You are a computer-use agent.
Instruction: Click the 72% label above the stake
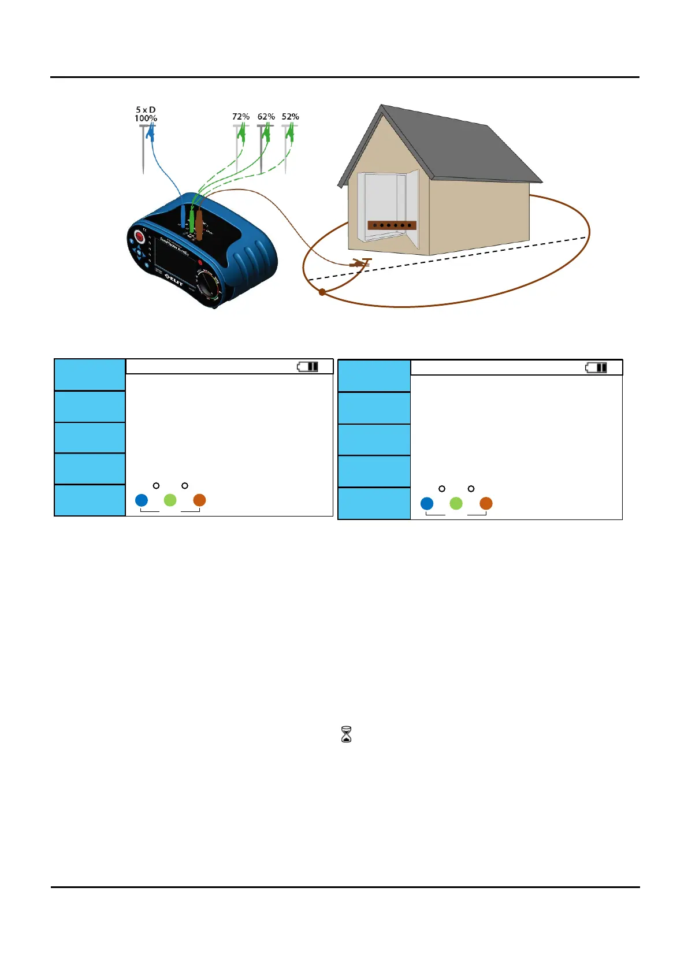pyautogui.click(x=241, y=117)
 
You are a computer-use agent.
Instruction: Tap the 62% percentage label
pyautogui.click(x=266, y=117)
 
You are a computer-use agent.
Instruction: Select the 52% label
pyautogui.click(x=290, y=117)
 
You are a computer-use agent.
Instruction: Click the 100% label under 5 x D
pyautogui.click(x=146, y=118)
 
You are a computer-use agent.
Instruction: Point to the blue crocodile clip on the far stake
pyautogui.click(x=151, y=135)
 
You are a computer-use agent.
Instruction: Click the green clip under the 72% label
pyautogui.click(x=242, y=135)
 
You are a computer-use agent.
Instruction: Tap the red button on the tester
pyautogui.click(x=139, y=237)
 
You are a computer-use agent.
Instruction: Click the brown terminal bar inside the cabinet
pyautogui.click(x=392, y=225)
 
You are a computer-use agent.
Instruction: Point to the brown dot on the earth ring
pyautogui.click(x=322, y=292)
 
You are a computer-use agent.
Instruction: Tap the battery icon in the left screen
pyautogui.click(x=307, y=367)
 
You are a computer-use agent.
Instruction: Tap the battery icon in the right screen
pyautogui.click(x=596, y=367)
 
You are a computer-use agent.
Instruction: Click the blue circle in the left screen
pyautogui.click(x=142, y=500)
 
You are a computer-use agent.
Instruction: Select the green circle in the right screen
pyautogui.click(x=456, y=503)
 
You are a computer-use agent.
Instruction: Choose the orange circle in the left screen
pyautogui.click(x=199, y=500)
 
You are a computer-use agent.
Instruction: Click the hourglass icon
pyautogui.click(x=347, y=734)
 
